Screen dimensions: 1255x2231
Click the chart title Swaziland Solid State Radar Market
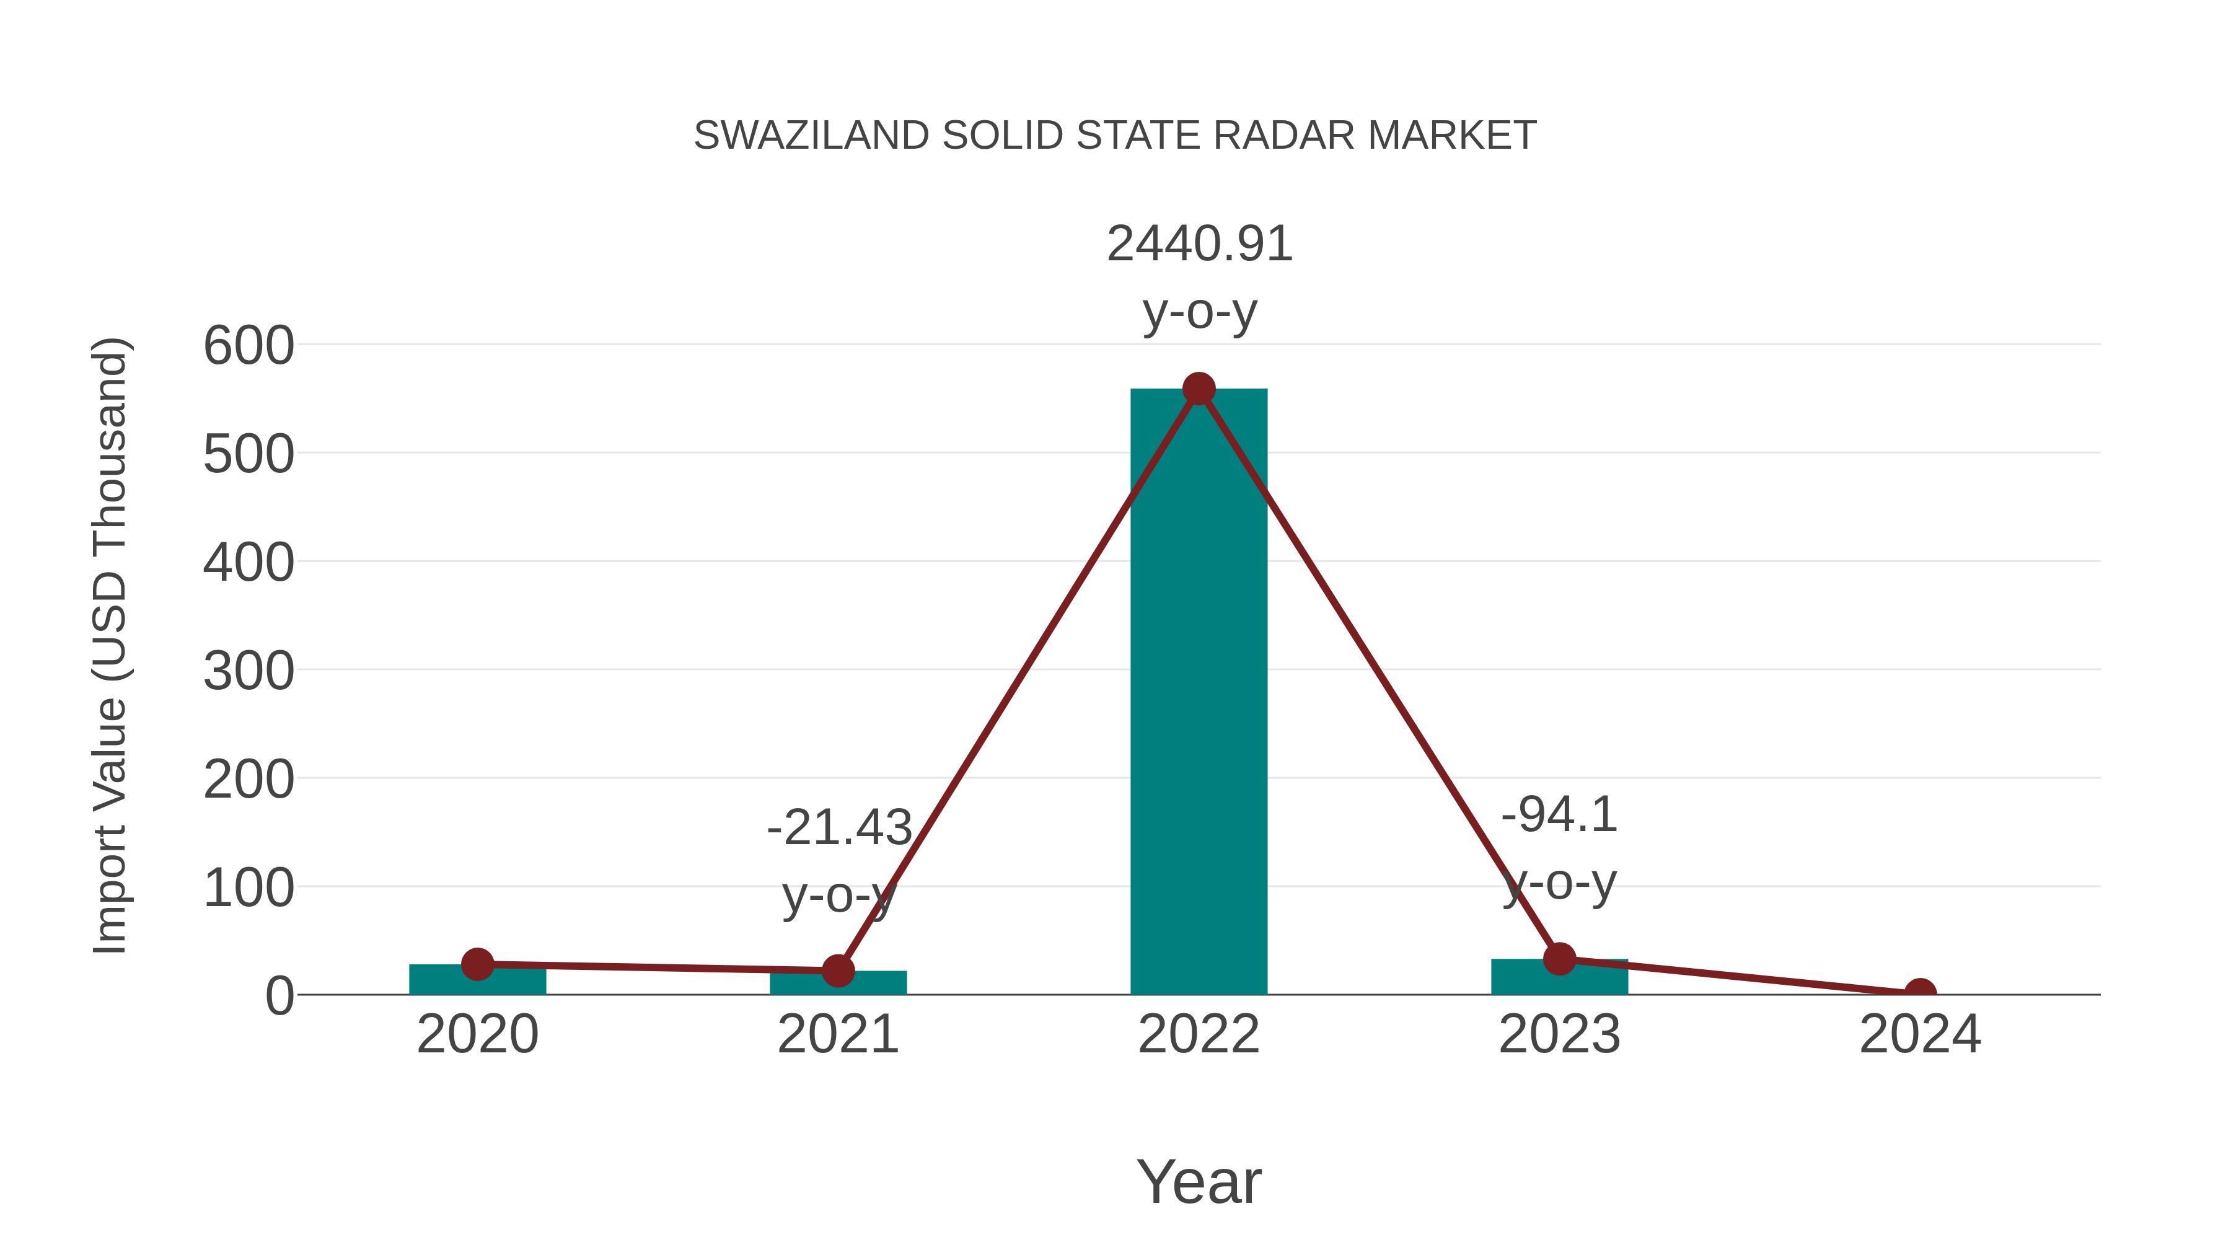[1115, 136]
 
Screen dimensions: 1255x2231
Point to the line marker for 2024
[1920, 993]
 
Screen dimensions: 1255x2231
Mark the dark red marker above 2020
[477, 963]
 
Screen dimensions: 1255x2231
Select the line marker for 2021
[837, 971]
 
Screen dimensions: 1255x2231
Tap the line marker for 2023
[1559, 958]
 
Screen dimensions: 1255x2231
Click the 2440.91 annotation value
[1200, 244]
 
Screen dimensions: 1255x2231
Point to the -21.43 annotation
[839, 827]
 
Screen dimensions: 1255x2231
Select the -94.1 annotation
[1559, 815]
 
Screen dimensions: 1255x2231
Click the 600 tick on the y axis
[249, 346]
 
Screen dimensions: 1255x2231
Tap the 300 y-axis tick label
[249, 671]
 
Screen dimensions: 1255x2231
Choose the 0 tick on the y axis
[279, 996]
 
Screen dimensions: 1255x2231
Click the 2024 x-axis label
[1920, 1034]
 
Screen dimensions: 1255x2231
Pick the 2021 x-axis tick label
[837, 1034]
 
